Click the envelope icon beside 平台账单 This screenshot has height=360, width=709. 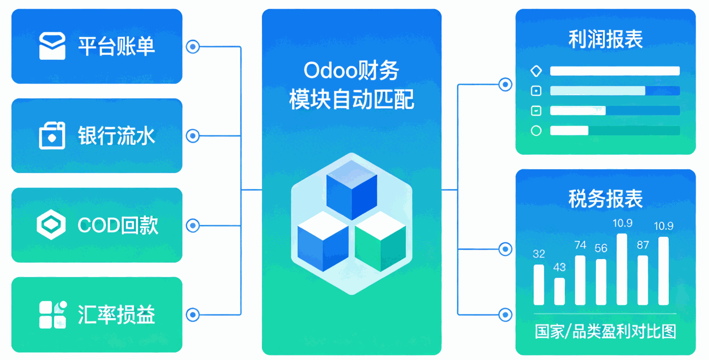(x=52, y=46)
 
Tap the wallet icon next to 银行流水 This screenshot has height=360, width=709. (x=52, y=136)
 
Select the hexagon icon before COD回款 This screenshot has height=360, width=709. (x=52, y=225)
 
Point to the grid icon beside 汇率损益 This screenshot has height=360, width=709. (x=53, y=314)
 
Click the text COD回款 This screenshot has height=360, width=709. (x=118, y=225)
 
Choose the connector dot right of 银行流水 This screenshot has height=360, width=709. (x=192, y=136)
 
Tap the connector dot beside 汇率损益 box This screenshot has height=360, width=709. (x=192, y=314)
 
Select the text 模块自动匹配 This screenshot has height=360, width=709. (x=351, y=99)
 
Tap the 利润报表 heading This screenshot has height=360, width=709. (x=605, y=39)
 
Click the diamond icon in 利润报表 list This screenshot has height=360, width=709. (x=536, y=71)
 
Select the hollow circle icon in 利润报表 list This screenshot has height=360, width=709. (x=536, y=131)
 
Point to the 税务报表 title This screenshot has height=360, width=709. (x=605, y=198)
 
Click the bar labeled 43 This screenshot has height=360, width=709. (x=560, y=291)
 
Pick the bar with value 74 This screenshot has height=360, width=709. (x=580, y=280)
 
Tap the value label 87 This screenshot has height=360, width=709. (x=643, y=245)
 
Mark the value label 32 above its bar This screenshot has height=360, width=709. (x=539, y=254)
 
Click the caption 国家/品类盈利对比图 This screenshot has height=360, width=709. (x=605, y=332)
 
